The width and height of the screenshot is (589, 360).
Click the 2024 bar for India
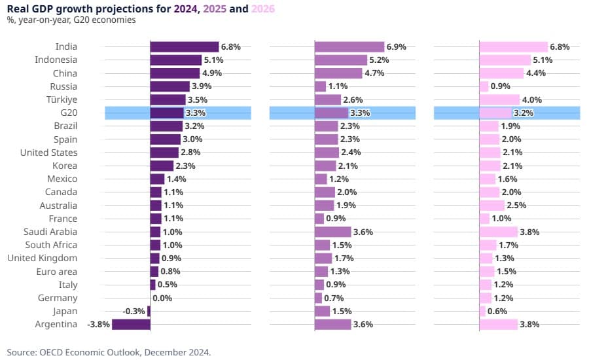[184, 47]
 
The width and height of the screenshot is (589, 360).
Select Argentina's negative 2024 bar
[131, 324]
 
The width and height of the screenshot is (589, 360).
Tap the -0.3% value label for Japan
[134, 311]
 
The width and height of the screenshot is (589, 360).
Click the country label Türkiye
[63, 99]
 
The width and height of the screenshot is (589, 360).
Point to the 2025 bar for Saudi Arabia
[332, 232]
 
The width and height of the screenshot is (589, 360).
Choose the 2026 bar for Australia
[491, 206]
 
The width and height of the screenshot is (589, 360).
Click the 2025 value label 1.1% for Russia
[338, 86]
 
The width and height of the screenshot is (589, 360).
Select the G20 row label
[68, 113]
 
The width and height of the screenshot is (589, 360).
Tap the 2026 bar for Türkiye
[499, 99]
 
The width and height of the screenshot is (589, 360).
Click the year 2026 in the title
[263, 9]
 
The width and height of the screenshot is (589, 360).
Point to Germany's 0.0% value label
[162, 298]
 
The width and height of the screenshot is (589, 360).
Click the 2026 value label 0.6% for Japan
[497, 311]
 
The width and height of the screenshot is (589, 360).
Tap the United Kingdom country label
[43, 258]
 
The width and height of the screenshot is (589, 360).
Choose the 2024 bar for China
[175, 73]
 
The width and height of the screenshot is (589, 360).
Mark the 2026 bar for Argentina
[498, 324]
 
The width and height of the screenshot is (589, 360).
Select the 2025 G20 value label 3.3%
[361, 113]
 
